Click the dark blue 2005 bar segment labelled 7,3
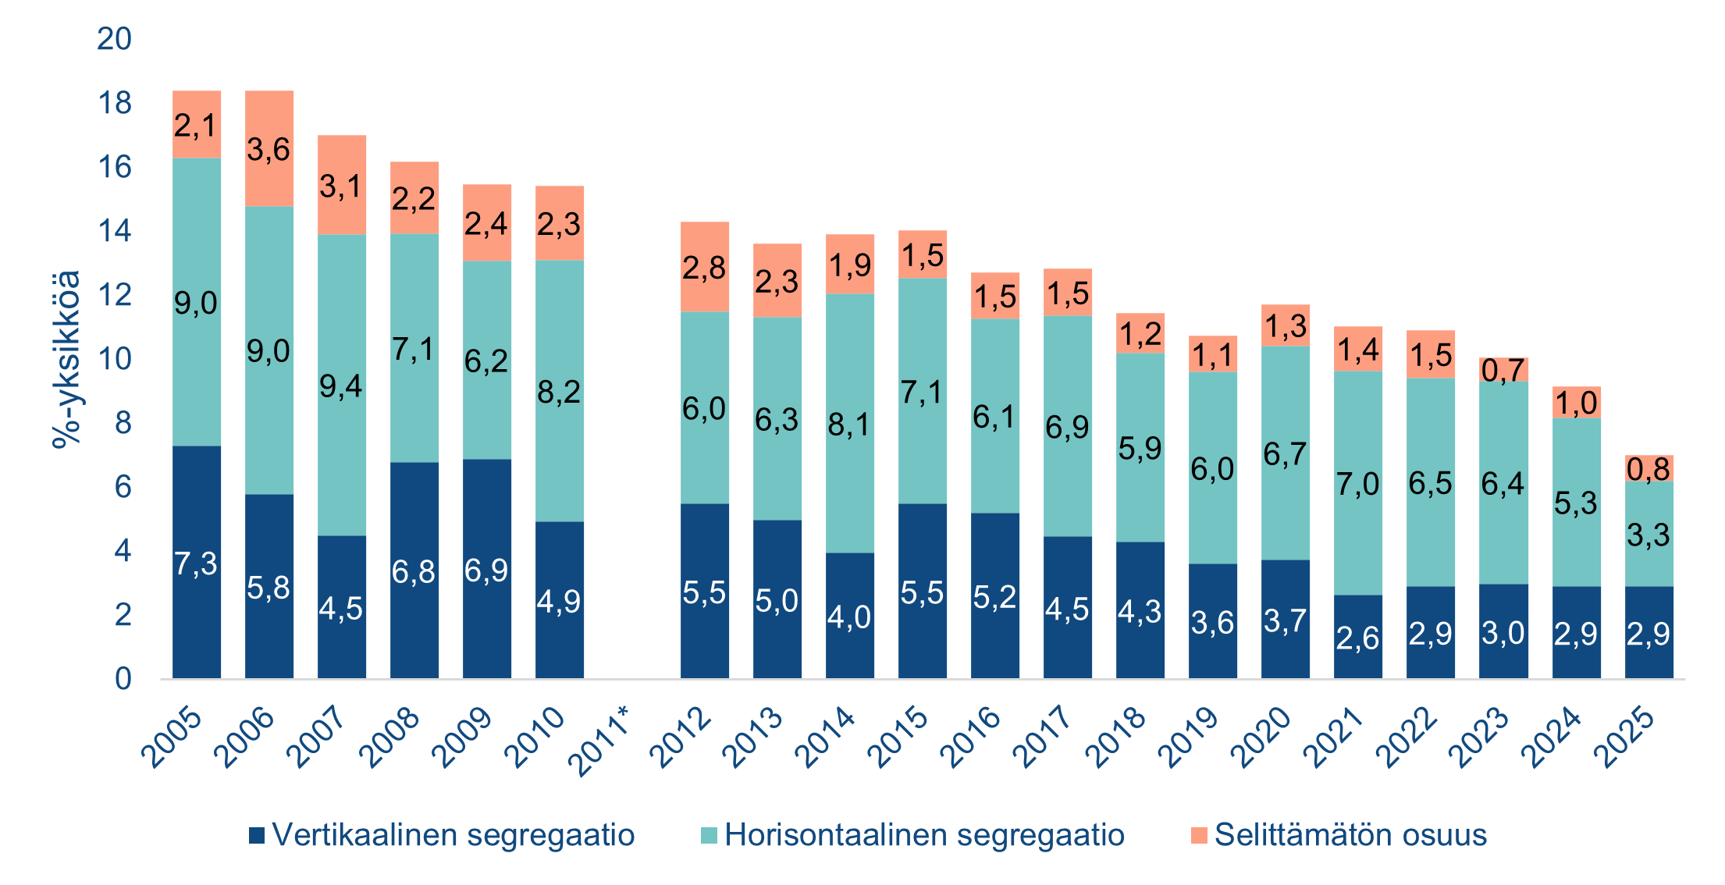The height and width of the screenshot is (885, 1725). pyautogui.click(x=197, y=562)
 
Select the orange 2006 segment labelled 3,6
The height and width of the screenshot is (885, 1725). pyautogui.click(x=269, y=148)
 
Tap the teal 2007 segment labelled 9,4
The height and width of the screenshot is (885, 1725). pyautogui.click(x=342, y=385)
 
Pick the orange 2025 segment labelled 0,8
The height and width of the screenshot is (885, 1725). pyautogui.click(x=1649, y=468)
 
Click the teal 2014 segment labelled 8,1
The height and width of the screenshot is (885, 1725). pyautogui.click(x=850, y=423)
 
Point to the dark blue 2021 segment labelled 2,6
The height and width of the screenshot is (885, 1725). pyautogui.click(x=1358, y=637)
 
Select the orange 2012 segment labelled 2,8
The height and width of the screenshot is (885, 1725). pyautogui.click(x=705, y=267)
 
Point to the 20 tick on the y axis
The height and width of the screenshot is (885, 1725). pyautogui.click(x=114, y=38)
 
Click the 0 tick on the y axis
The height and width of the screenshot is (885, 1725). pyautogui.click(x=123, y=679)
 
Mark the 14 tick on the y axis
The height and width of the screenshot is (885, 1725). pyautogui.click(x=114, y=231)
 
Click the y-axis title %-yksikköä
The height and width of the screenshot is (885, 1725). pyautogui.click(x=66, y=359)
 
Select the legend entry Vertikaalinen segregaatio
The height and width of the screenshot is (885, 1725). pyautogui.click(x=442, y=835)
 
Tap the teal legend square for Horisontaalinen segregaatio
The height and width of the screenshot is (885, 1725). pyautogui.click(x=709, y=836)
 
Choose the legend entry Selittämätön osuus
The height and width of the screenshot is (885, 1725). pyautogui.click(x=1339, y=835)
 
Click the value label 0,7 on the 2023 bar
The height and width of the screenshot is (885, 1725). pyautogui.click(x=1503, y=371)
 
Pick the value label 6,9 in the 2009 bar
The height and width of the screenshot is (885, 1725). pyautogui.click(x=486, y=570)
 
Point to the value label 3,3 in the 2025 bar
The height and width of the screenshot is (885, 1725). pyautogui.click(x=1649, y=535)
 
